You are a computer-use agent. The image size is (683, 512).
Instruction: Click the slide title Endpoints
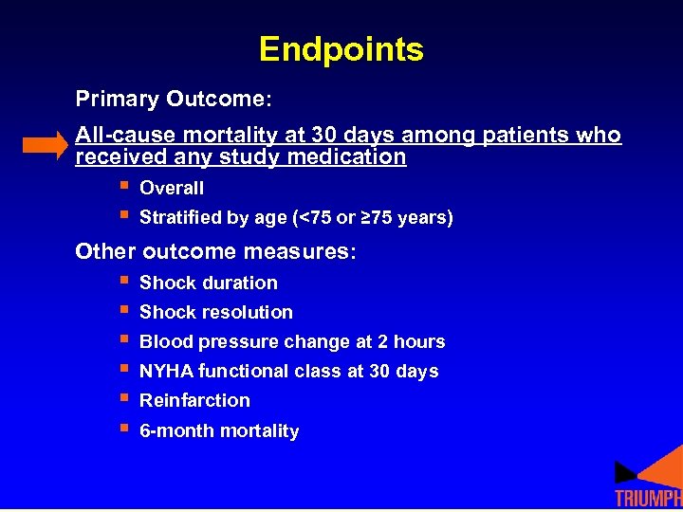[x=341, y=49]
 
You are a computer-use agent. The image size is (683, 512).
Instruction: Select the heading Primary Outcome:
[x=174, y=100]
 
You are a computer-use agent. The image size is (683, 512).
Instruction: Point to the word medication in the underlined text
[x=350, y=157]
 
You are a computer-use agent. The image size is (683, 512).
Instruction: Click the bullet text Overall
[x=171, y=189]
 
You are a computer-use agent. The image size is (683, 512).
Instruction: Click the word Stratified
[x=180, y=218]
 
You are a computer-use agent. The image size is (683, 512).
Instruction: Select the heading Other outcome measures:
[x=215, y=251]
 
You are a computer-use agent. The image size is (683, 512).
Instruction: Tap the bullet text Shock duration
[x=208, y=283]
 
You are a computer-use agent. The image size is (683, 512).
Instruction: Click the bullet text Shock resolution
[x=215, y=312]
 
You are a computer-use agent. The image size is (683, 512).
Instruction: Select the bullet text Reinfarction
[x=194, y=400]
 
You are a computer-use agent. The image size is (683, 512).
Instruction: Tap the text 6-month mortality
[x=218, y=430]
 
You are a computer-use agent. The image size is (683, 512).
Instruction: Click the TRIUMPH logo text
[x=648, y=499]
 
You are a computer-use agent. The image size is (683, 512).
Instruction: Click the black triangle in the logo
[x=625, y=471]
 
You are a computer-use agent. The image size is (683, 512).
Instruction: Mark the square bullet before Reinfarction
[x=122, y=399]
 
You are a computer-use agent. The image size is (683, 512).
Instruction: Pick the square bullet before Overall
[x=122, y=187]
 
